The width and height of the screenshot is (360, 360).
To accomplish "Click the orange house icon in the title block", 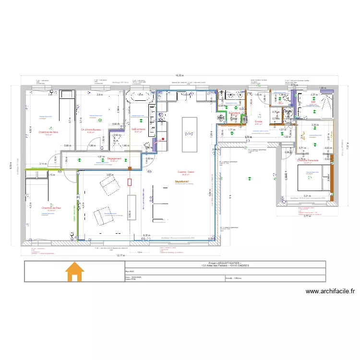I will (x=74, y=272).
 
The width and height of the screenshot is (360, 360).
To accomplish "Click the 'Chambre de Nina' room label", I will (x=48, y=132).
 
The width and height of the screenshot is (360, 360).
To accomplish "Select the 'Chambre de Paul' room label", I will (x=51, y=208).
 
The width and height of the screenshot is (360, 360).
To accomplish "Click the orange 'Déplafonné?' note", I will (x=182, y=181).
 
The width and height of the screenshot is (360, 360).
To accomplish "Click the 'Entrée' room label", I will (x=258, y=121).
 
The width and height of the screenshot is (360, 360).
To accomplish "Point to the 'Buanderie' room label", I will (x=234, y=113).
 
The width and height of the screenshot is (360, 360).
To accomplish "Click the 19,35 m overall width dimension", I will (x=179, y=75).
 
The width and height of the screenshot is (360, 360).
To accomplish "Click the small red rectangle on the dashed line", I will (x=130, y=182).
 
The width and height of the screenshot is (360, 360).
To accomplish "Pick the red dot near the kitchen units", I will (x=164, y=139).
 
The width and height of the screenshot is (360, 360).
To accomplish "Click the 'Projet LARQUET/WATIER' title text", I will (x=225, y=263).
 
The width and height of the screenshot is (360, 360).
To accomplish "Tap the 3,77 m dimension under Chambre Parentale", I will (x=308, y=216).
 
